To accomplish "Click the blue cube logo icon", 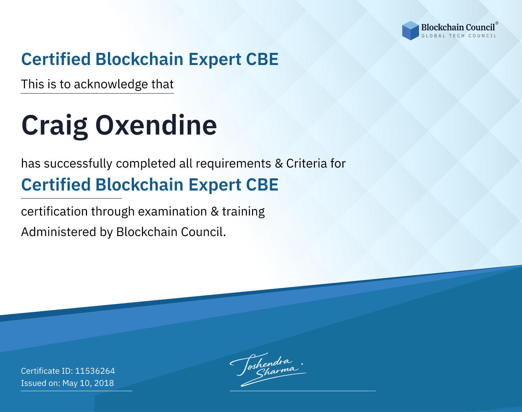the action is (410, 31).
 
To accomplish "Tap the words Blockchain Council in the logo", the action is (458, 27).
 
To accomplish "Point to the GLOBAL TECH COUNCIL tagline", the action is (459, 36).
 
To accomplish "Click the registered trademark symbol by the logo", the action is (497, 23).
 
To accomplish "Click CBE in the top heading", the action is (262, 59).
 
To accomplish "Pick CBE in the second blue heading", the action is (262, 185).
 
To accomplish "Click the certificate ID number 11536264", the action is (95, 371).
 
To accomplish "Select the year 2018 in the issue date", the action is (104, 383).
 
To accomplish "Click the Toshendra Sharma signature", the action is (268, 370).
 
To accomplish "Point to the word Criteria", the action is (306, 163).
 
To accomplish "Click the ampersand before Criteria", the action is (279, 164).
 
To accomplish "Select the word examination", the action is (173, 211).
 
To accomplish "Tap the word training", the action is (244, 212).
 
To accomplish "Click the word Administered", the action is (59, 232).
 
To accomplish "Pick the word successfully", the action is (78, 164).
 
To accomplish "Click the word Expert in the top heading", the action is (215, 60).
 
